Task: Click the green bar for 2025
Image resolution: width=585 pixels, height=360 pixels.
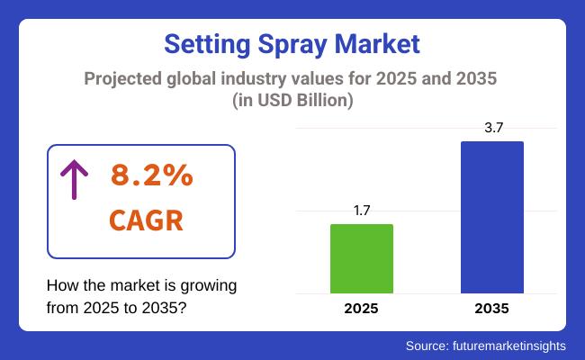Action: click(362, 258)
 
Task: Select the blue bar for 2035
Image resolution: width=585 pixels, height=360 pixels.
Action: click(491, 217)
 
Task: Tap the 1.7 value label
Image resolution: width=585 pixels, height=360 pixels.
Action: click(362, 211)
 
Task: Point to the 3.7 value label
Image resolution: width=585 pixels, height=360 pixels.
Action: click(491, 129)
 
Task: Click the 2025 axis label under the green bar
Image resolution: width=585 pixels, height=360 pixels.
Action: click(362, 308)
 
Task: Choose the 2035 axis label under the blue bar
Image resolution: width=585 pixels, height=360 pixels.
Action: click(491, 308)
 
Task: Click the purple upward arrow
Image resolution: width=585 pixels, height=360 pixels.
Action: click(73, 179)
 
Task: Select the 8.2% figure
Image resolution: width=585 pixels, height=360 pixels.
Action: click(151, 176)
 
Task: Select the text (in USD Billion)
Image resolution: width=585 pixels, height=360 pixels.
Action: click(292, 102)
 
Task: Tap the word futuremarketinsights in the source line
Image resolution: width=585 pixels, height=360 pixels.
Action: click(509, 346)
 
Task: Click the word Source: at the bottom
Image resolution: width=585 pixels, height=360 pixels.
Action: click(428, 346)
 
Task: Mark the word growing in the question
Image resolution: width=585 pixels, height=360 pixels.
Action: click(209, 285)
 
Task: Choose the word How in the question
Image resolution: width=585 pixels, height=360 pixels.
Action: click(61, 285)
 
